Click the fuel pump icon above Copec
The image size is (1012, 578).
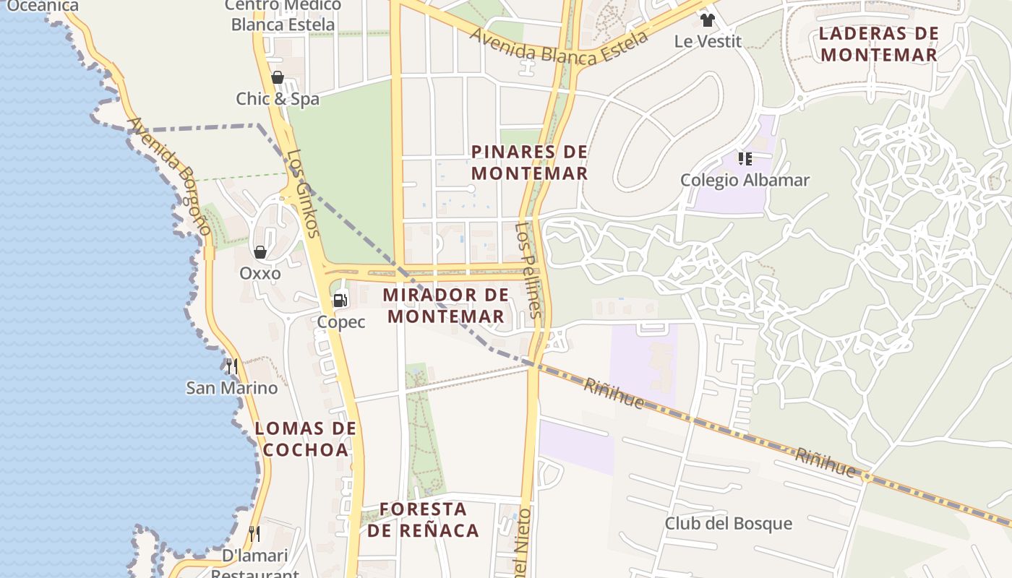[x=340, y=300]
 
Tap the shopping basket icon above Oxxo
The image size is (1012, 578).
[x=260, y=252]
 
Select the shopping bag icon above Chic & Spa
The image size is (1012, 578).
[x=277, y=77]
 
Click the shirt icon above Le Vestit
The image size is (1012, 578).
[x=707, y=20]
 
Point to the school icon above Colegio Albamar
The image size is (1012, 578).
[x=745, y=158]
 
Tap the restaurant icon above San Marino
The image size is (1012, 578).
[x=231, y=366]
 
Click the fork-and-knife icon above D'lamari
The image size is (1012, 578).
[x=254, y=534]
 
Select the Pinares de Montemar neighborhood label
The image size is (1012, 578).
[x=529, y=163]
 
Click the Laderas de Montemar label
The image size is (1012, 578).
[x=879, y=44]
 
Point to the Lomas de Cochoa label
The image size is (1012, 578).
[x=306, y=439]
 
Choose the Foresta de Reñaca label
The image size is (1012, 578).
[x=423, y=519]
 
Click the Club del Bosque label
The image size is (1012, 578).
[x=728, y=524]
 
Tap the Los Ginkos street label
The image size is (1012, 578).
[x=302, y=194]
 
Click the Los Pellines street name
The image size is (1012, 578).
[x=528, y=269]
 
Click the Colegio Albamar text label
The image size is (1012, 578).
[x=745, y=180]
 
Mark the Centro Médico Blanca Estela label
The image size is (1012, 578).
[x=283, y=15]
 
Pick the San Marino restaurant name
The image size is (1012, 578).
[x=231, y=388]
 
